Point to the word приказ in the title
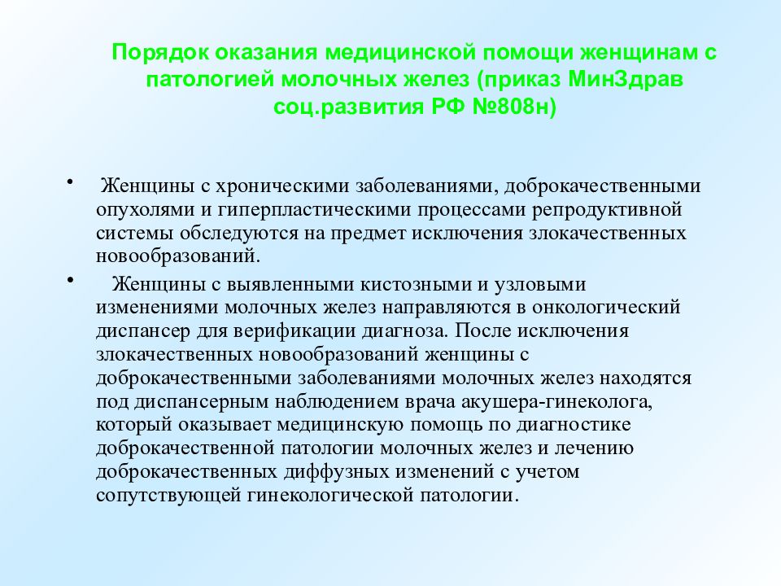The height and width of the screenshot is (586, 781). [521, 80]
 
